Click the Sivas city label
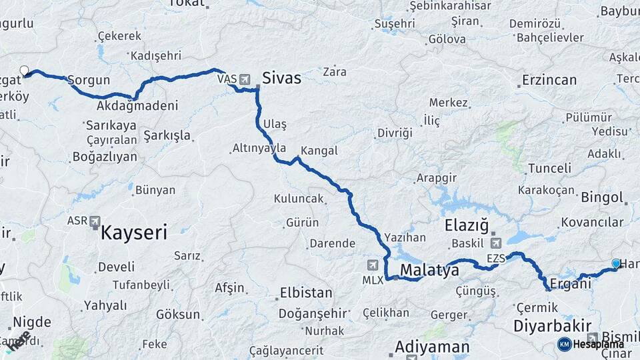pyautogui.click(x=281, y=78)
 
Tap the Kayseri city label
pyautogui.click(x=133, y=233)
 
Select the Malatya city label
pyautogui.click(x=429, y=271)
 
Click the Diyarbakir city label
pyautogui.click(x=553, y=326)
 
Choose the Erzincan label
pyautogui.click(x=549, y=80)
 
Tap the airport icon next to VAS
pyautogui.click(x=245, y=79)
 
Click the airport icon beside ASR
pyautogui.click(x=95, y=221)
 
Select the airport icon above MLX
pyautogui.click(x=385, y=265)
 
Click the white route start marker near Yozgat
pyautogui.click(x=25, y=70)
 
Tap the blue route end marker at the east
pyautogui.click(x=615, y=263)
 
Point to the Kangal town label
pyautogui.click(x=319, y=151)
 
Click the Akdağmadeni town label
pyautogui.click(x=137, y=106)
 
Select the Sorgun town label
pyautogui.click(x=89, y=80)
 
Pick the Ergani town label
pyautogui.click(x=571, y=283)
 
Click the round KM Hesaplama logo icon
pyautogui.click(x=564, y=344)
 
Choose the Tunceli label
pyautogui.click(x=549, y=168)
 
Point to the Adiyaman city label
pyautogui.click(x=432, y=347)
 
